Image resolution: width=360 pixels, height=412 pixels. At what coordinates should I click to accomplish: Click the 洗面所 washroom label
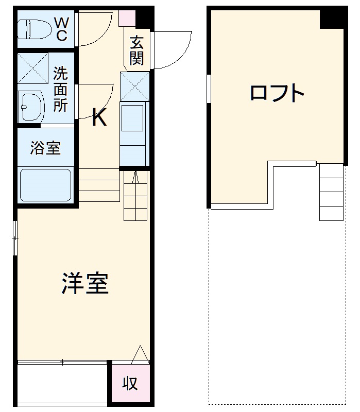tap(60, 90)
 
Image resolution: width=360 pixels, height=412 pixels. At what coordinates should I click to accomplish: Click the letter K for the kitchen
tap(99, 119)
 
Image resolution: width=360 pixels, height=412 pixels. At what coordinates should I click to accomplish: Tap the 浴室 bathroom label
tap(45, 148)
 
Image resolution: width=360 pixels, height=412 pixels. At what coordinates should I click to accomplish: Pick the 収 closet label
tap(130, 383)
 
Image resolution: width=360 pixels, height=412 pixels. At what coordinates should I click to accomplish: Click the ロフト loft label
tap(277, 93)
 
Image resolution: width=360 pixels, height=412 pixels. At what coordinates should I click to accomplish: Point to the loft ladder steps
tap(331, 192)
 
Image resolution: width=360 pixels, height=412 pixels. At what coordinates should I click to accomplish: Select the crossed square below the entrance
tap(134, 87)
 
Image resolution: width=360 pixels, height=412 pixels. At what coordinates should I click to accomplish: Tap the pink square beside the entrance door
tap(127, 18)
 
